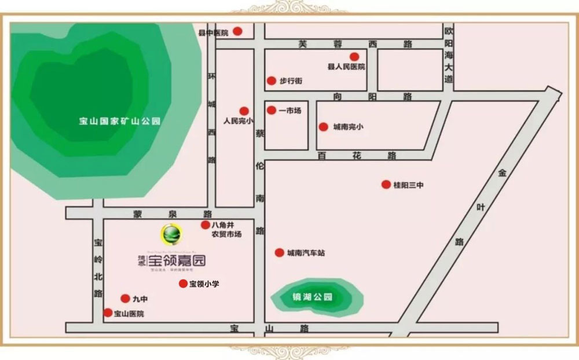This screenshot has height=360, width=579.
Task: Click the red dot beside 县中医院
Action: pos(237,32)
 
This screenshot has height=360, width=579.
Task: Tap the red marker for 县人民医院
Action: pos(354,57)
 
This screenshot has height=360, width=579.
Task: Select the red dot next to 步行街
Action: pos(271,81)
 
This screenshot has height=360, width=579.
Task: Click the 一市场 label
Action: pos(289,110)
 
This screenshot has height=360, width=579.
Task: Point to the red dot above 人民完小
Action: pos(244,111)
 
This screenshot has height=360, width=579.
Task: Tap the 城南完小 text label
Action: pos(348,127)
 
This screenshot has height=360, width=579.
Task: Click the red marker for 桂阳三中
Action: pos(386,185)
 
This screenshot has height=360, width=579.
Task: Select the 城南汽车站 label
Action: pos(306,253)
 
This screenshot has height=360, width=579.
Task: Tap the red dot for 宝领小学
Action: pos(183,284)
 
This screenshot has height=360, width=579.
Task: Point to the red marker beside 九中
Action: pos(125,299)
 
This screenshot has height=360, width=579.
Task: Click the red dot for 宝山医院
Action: pos(108,313)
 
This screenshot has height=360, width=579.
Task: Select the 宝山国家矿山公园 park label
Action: pos(120,122)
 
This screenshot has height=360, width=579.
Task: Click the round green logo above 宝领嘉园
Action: pos(171,234)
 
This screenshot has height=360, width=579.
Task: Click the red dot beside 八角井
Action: pos(205,225)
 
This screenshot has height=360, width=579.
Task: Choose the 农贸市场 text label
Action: pos(226,234)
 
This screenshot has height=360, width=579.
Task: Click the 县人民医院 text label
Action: pos(346,67)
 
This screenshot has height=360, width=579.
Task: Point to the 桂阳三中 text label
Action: pos(409,185)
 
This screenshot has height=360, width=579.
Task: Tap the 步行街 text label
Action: pos(291,81)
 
